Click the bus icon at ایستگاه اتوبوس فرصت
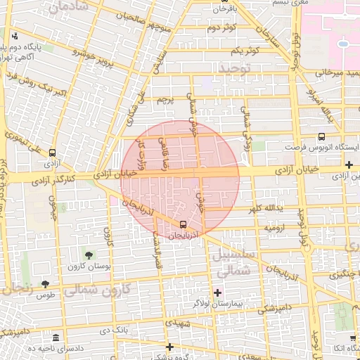[321, 138]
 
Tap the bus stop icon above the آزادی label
[52, 153]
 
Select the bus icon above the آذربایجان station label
[184, 225]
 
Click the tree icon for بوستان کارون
[89, 255]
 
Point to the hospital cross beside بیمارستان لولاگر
[217, 292]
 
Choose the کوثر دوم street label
[221, 27]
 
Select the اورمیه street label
[274, 229]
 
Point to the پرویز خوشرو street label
[94, 52]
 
